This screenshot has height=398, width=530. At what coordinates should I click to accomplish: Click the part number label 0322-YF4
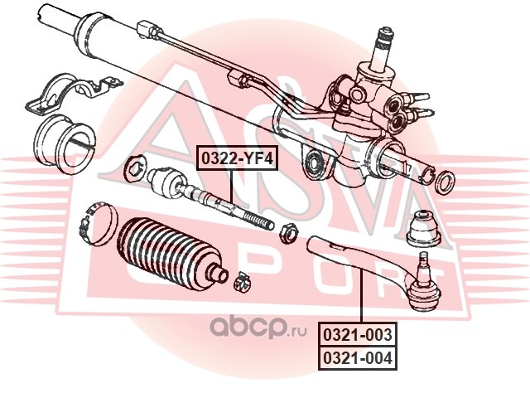(x=237, y=158)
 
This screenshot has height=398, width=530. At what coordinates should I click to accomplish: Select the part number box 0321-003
(x=358, y=335)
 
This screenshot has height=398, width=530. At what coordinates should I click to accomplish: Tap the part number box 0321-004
(x=358, y=358)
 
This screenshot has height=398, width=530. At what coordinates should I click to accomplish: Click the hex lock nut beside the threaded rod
(x=290, y=232)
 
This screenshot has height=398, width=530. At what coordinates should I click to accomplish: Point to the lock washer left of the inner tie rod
(x=134, y=168)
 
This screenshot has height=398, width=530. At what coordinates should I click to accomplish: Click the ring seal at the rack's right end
(x=446, y=183)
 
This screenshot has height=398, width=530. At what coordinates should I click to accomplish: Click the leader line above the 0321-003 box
(x=362, y=297)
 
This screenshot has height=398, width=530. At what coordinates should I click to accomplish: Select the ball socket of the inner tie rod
(x=164, y=182)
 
